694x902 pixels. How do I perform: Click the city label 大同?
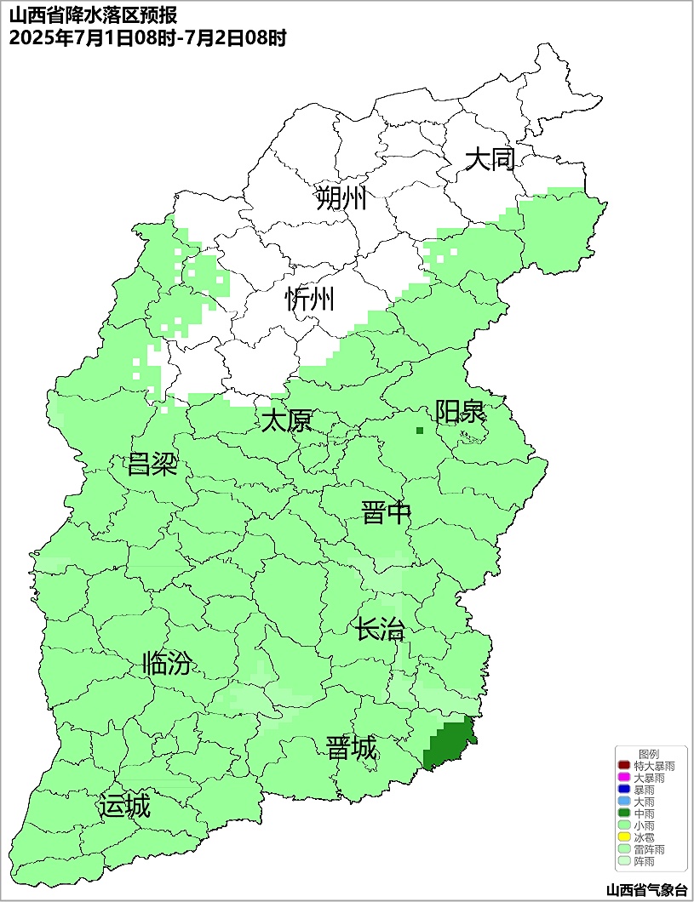coord(490,159)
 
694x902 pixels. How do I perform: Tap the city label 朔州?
coord(341,198)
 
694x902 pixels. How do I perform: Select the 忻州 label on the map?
coord(309,300)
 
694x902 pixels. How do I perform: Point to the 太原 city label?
coord(286,421)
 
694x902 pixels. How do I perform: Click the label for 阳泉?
coord(460,412)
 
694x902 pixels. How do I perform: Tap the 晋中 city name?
coord(386,513)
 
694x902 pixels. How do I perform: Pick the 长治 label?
coord(380,631)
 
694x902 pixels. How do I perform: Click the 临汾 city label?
coord(167,664)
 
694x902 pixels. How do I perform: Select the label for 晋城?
coord(351,749)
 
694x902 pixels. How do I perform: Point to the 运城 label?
coord(124,806)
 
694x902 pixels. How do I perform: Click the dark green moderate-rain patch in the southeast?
coord(449,744)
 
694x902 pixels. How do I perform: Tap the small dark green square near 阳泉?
coord(420,431)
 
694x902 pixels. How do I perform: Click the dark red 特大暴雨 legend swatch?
coord(624,766)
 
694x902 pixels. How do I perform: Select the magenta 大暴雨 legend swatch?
coord(624,778)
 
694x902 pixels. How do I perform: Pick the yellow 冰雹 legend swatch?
coord(624,837)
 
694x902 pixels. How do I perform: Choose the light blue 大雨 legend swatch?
coord(624,802)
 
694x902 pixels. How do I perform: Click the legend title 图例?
coord(648,754)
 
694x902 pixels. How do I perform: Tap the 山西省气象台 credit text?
coord(646,890)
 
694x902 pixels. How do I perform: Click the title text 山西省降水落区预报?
coord(93,16)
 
